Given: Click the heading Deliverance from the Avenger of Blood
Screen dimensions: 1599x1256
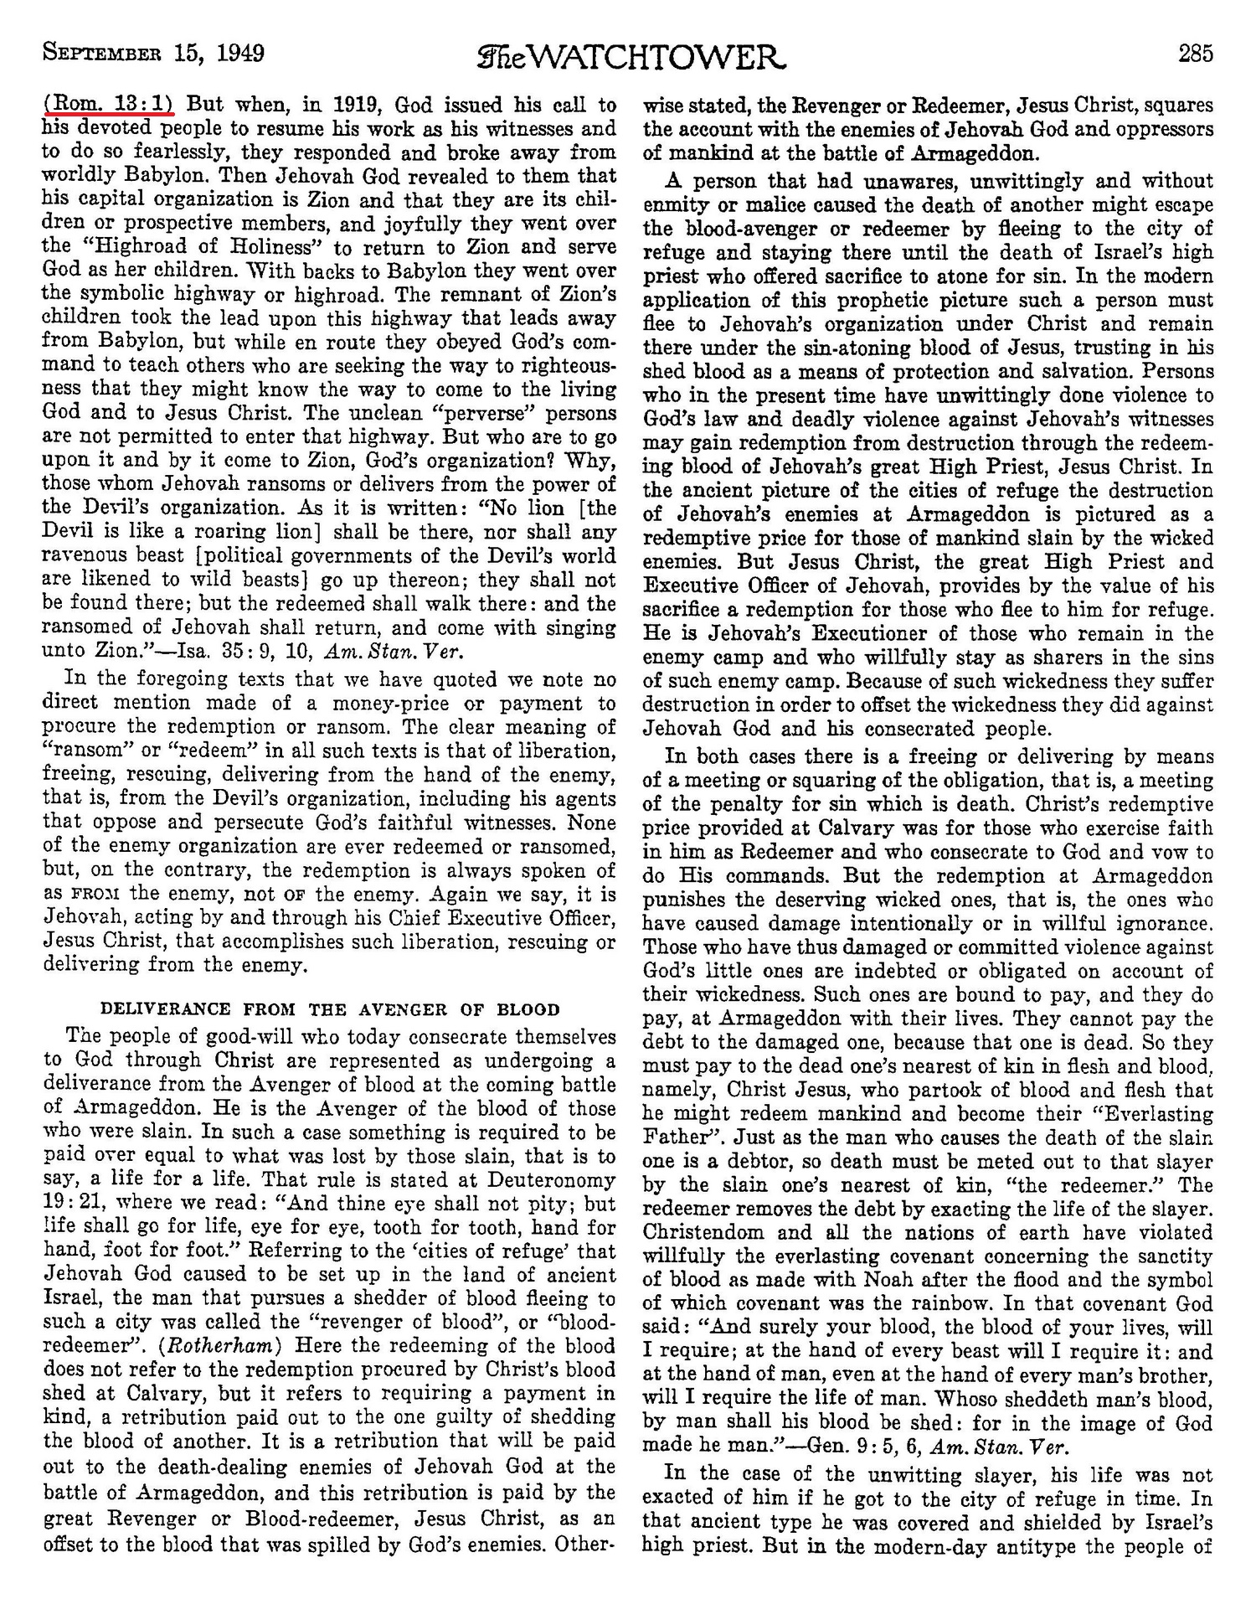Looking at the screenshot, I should point(330,1009).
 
